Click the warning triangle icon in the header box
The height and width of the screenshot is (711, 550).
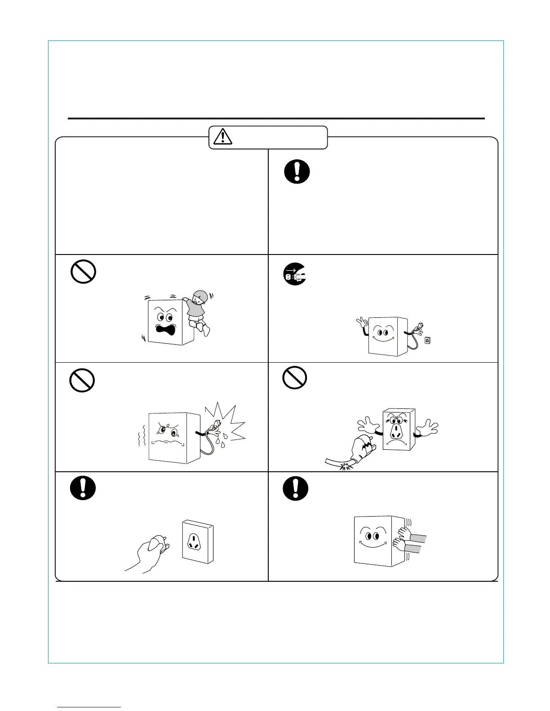pyautogui.click(x=223, y=136)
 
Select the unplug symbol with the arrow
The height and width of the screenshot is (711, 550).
pyautogui.click(x=295, y=274)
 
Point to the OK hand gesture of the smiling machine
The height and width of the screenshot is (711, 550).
pyautogui.click(x=361, y=323)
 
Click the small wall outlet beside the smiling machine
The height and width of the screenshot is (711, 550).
pyautogui.click(x=427, y=340)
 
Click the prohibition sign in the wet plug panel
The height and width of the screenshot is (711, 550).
pyautogui.click(x=82, y=381)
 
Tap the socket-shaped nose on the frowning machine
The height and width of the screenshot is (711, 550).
pyautogui.click(x=396, y=432)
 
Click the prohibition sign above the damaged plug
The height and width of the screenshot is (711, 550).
pyautogui.click(x=295, y=377)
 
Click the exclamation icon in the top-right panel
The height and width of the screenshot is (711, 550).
pyautogui.click(x=297, y=171)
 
